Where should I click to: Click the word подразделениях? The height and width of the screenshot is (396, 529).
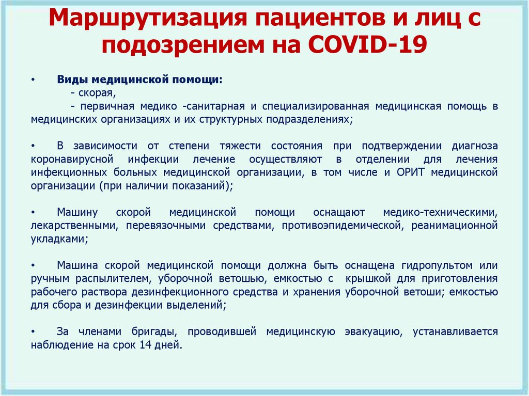(x=309, y=120)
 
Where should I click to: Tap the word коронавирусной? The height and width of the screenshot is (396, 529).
(x=71, y=159)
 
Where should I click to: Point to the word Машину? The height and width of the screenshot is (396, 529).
(x=77, y=213)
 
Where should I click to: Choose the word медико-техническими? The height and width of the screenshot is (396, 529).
(x=440, y=213)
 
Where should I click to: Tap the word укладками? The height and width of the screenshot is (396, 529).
(x=59, y=239)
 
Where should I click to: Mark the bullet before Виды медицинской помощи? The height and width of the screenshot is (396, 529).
(x=33, y=80)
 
